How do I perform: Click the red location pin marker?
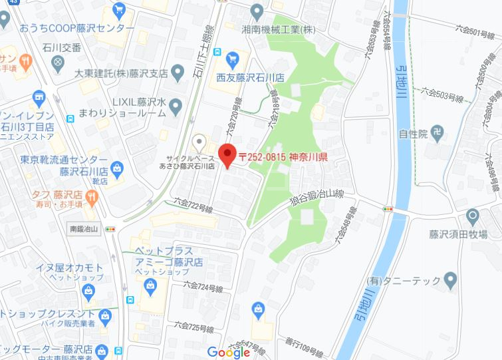coord(227,154)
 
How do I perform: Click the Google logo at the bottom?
coord(228,352)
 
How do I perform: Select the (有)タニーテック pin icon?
coord(451,278)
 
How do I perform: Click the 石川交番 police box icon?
coord(58,62)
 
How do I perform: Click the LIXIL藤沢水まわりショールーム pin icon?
coord(176,104)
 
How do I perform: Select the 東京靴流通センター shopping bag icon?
coord(117,166)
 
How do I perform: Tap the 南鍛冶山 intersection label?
coord(84,229)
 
